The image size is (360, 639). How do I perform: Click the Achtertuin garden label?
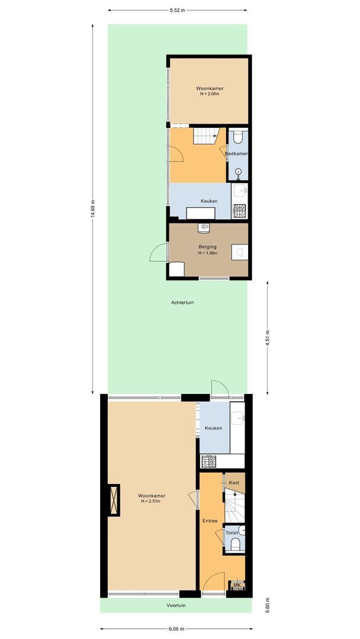[182, 302]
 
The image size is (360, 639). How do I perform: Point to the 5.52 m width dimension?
[176, 10]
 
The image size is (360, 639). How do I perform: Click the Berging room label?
[207, 247]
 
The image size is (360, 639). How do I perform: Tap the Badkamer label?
[236, 154]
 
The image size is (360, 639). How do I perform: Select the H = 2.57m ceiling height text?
[151, 501]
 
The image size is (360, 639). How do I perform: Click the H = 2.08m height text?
[210, 94]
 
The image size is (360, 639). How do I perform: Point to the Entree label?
[210, 521]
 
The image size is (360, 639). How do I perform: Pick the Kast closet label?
[234, 483]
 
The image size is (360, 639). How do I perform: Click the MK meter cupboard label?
[237, 585]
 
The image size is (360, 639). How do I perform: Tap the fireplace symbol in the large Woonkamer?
[114, 501]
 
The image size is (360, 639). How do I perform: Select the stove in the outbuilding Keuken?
[240, 210]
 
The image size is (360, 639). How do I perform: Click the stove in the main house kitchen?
[208, 461]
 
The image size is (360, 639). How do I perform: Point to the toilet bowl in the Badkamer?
[237, 137]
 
